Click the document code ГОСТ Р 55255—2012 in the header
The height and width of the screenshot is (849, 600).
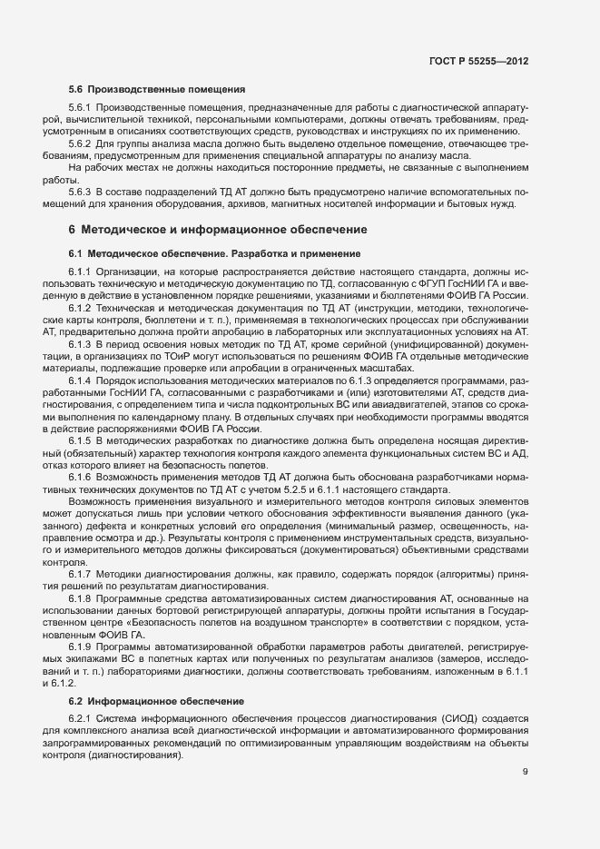click(x=479, y=61)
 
